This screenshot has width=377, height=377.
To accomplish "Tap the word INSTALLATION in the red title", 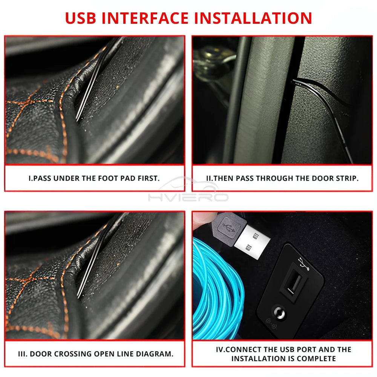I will pos(253,18).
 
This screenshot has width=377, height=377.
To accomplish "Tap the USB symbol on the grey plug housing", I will pos(227,228).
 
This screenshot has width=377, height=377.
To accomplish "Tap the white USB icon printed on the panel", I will pos(302,263).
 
